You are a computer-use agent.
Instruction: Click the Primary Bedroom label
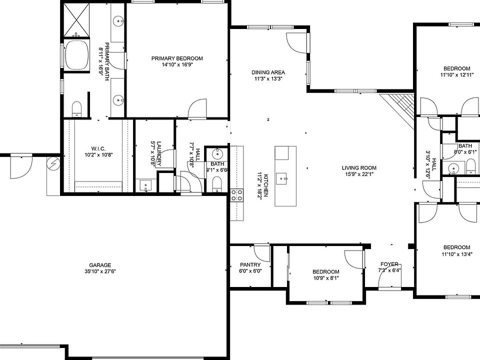click(x=177, y=58)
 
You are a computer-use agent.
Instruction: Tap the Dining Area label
click(x=268, y=72)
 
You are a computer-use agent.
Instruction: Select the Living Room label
click(x=359, y=168)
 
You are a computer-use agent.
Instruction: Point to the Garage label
click(x=100, y=265)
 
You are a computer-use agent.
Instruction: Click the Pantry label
click(x=250, y=265)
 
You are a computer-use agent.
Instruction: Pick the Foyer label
click(x=389, y=264)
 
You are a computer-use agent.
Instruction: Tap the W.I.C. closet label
click(x=97, y=148)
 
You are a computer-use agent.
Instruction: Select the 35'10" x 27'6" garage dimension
click(x=100, y=271)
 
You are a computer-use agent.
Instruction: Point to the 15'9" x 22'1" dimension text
click(x=359, y=174)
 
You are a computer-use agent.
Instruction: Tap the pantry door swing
click(x=261, y=251)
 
